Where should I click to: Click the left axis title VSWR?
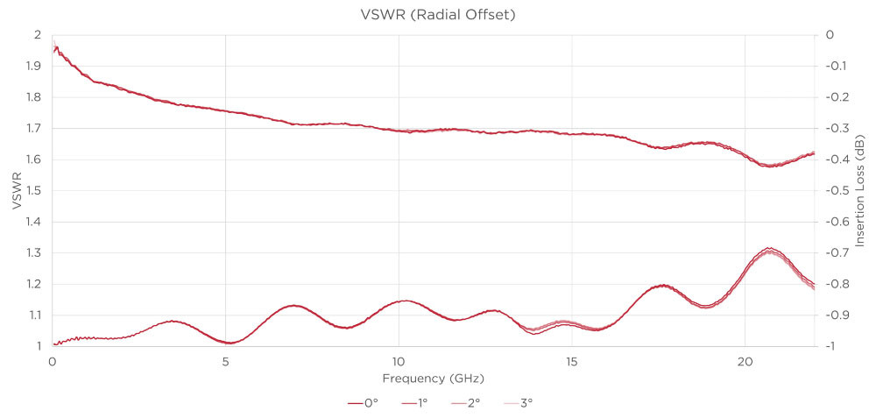point(16,190)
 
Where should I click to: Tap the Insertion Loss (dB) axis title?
point(862,190)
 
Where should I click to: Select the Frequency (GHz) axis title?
point(433,379)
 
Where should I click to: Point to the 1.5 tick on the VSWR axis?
point(34,191)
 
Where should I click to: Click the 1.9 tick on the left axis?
point(34,67)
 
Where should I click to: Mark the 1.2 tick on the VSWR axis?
point(34,284)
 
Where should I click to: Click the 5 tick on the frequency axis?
point(225,361)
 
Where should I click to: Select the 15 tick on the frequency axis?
point(572,361)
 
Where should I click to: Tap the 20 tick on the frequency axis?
point(745,361)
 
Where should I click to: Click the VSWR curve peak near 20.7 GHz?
point(769,250)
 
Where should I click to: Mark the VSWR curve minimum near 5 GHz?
point(228,343)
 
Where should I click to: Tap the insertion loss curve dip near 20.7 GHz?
point(770,166)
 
